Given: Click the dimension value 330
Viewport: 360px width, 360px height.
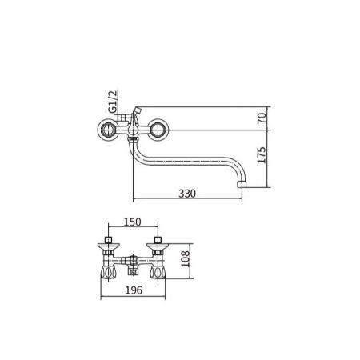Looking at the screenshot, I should pos(186,194).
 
